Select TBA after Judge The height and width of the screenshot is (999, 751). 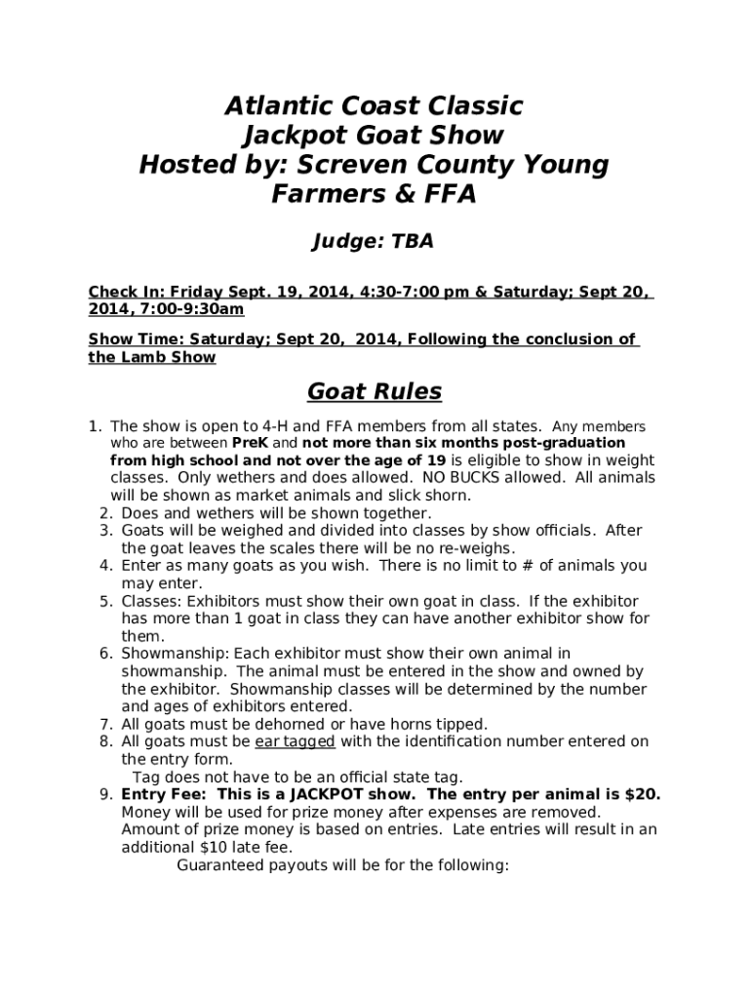413,242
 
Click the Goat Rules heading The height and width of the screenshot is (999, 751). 375,392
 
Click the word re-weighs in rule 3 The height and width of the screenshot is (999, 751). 480,548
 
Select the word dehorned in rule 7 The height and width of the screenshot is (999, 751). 296,724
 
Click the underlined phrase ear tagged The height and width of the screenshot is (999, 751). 296,741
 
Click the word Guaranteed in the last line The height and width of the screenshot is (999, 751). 224,864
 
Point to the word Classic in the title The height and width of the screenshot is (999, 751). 476,105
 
